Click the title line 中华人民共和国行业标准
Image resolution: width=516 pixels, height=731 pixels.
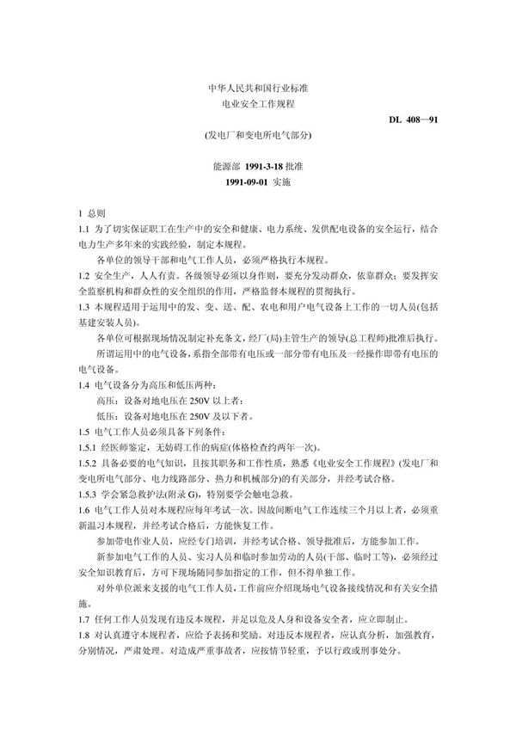(x=257, y=88)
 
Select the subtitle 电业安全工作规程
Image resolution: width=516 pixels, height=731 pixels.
(x=257, y=103)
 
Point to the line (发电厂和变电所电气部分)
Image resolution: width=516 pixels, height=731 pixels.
(x=257, y=135)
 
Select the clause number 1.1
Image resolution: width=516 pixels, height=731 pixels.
(x=83, y=228)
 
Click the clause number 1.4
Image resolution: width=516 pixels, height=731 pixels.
(x=83, y=384)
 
